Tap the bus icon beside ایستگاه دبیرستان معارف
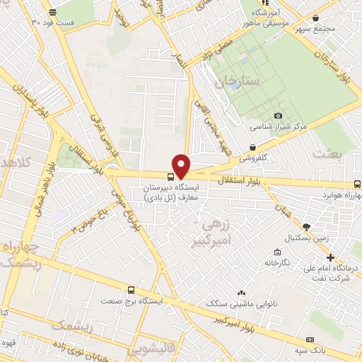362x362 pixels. (171, 177)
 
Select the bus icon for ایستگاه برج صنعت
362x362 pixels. (131, 290)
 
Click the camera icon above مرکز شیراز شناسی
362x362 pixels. (279, 115)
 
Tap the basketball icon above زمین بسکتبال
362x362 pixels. (306, 226)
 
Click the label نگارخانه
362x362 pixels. (278, 262)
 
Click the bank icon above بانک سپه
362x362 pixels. (312, 338)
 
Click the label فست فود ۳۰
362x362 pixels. (54, 22)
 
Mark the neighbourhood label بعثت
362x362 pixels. (330, 155)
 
